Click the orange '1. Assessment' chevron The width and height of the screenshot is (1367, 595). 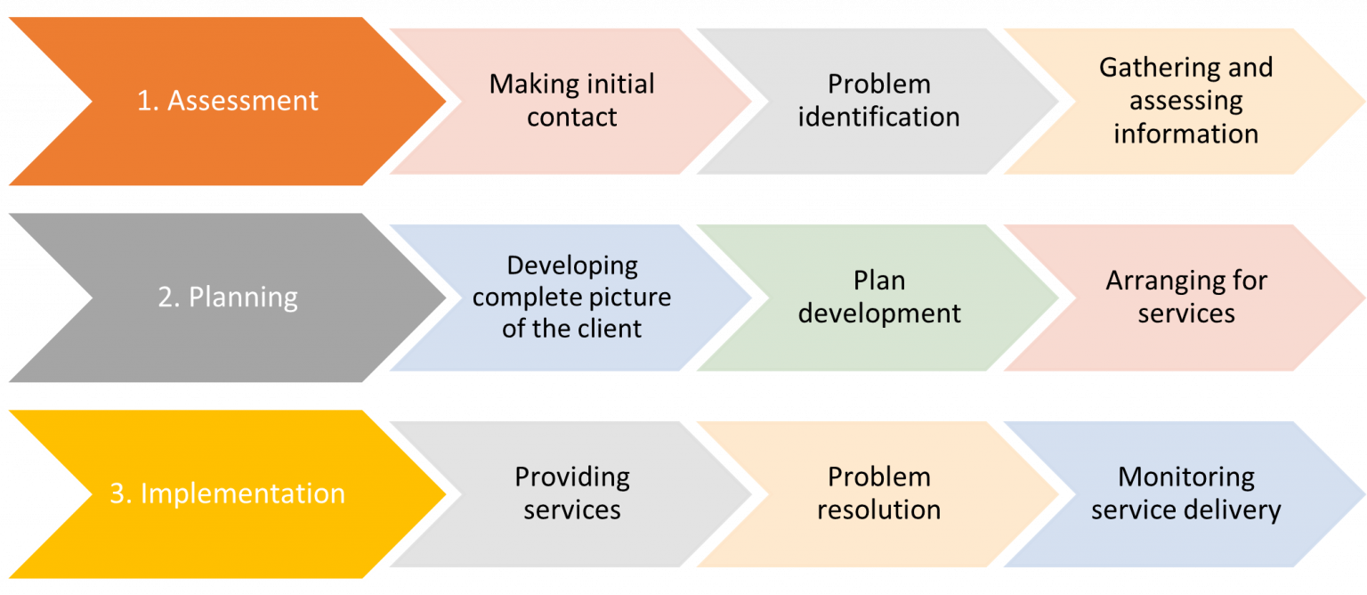coord(227,101)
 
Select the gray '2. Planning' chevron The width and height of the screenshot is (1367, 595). coord(227,297)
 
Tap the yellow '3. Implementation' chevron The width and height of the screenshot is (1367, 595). coord(227,493)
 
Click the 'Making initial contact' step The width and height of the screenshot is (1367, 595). coord(571,101)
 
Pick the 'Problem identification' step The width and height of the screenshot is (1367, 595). coord(878,101)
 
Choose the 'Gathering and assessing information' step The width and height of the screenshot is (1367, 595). coord(1185,101)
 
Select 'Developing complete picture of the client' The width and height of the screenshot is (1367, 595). coord(571,297)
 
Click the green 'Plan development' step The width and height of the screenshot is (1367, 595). coord(878,297)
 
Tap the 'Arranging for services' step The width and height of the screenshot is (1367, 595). coord(1185,297)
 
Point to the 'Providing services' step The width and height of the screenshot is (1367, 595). coord(571,493)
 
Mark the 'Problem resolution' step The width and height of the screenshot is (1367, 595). coord(878,493)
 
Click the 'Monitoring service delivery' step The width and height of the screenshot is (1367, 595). coord(1185,493)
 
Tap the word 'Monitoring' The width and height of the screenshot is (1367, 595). coord(1185,477)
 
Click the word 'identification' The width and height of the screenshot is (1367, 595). coord(878,118)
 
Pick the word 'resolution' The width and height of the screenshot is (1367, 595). coord(878,510)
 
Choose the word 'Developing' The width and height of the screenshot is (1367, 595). coord(571,265)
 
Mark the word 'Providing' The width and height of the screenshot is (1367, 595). coord(571,477)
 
